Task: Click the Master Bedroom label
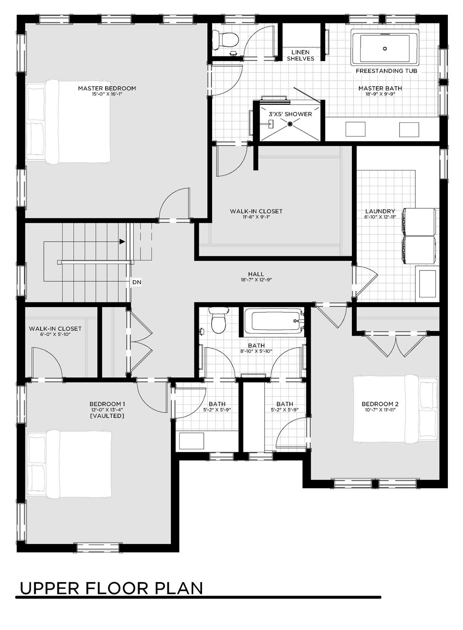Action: click(107, 88)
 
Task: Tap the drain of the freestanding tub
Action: click(385, 48)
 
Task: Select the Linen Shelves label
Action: click(301, 56)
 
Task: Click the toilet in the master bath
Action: click(225, 39)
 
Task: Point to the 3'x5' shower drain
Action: click(290, 123)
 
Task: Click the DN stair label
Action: click(136, 282)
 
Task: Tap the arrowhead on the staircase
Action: click(122, 241)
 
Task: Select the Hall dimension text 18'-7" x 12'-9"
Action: click(256, 280)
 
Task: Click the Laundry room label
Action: click(380, 211)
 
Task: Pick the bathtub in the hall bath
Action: click(274, 320)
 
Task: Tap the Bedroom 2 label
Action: click(380, 404)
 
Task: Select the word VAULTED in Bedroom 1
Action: click(107, 416)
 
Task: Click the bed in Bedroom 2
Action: click(396, 408)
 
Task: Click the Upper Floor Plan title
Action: click(111, 588)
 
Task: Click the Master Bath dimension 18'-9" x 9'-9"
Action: click(380, 94)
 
